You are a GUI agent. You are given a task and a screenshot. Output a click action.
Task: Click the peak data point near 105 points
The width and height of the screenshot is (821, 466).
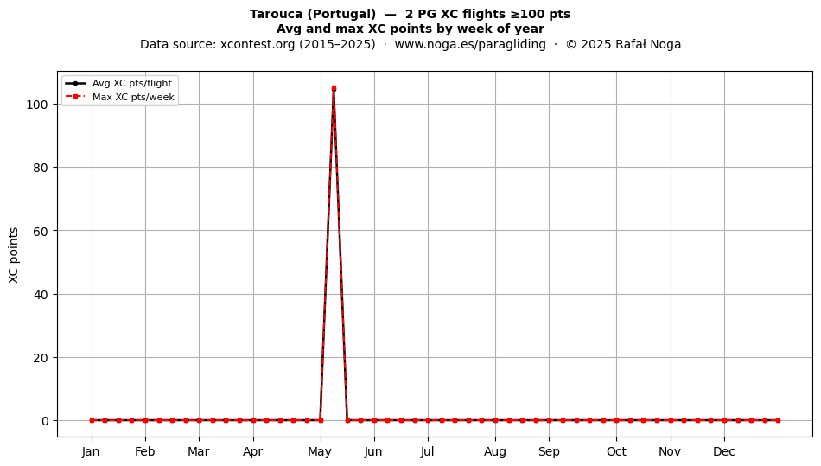(334, 88)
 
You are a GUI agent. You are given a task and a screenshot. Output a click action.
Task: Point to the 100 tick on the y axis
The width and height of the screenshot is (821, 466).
(37, 105)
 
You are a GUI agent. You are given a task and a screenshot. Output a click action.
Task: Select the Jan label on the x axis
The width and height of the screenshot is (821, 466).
(91, 451)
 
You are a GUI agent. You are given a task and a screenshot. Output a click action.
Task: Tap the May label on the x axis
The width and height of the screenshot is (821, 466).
(320, 451)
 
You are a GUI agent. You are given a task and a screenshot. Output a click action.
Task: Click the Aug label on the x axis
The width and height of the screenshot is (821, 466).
(495, 451)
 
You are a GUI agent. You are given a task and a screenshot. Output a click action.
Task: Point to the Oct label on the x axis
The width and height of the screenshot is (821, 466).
(616, 451)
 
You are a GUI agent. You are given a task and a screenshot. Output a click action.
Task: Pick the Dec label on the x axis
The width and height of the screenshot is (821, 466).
(724, 451)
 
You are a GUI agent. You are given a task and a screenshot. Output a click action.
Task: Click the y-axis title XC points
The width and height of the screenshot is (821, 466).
(14, 255)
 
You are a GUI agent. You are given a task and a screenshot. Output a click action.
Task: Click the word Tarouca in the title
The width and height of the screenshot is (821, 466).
(276, 14)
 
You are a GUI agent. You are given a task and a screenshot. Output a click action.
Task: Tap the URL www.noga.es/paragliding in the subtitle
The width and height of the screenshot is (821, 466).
(470, 44)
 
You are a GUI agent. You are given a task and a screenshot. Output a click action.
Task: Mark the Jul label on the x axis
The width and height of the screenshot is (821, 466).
(427, 451)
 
